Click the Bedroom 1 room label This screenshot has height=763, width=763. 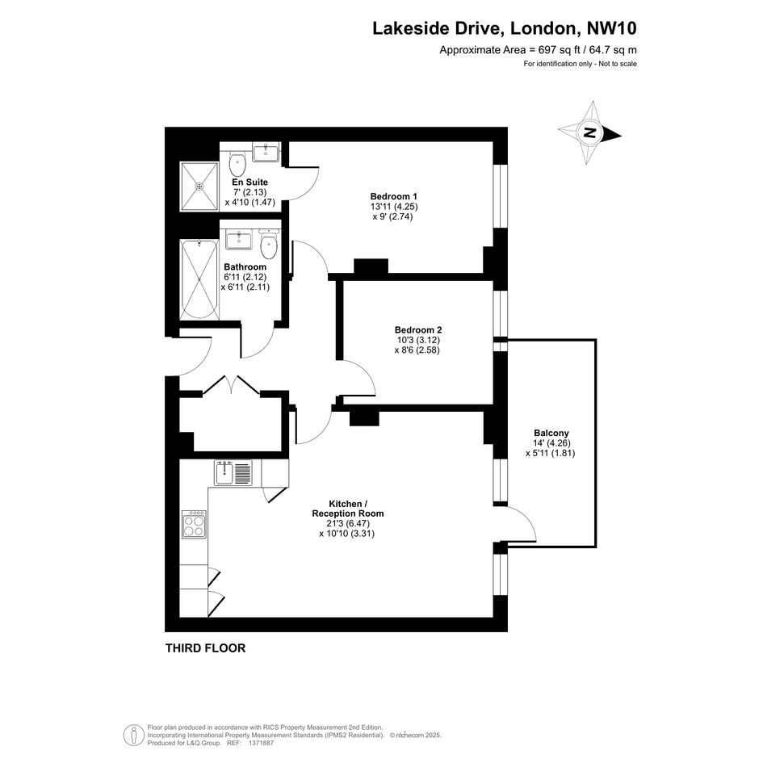point(394,196)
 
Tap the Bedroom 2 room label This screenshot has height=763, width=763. point(418,330)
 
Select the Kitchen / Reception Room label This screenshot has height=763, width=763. point(347,509)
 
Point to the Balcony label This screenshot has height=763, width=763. point(551,433)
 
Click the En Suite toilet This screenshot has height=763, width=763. point(237,164)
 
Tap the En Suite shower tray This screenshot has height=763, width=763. point(199,187)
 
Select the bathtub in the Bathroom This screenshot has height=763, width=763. point(199,279)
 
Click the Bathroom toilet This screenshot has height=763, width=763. point(269,245)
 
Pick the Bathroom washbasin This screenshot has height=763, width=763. point(238,241)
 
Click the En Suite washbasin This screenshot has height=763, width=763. point(266,151)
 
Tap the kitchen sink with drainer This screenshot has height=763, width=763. point(233,473)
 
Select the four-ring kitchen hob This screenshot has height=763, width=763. point(194,524)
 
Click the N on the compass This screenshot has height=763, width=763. point(590,133)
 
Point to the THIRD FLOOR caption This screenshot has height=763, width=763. point(205,648)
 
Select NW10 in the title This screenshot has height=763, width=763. point(612,28)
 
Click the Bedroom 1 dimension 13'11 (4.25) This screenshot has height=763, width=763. point(394,207)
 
